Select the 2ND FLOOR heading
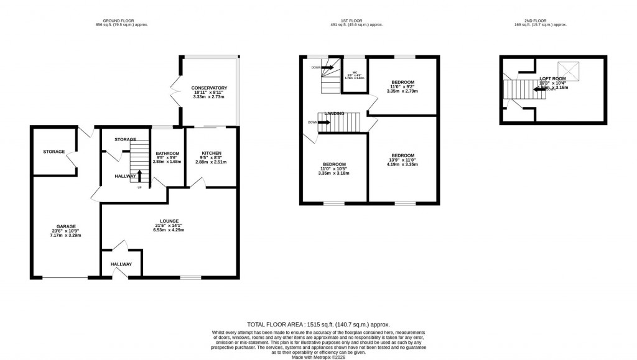tap(541, 20)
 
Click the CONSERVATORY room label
tap(210, 88)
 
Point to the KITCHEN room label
tap(212, 154)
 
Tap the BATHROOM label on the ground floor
tap(167, 154)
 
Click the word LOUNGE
tap(169, 221)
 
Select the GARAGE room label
tap(65, 226)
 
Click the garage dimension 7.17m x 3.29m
tap(65, 235)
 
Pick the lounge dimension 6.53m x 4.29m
tap(169, 230)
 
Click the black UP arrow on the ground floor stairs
tap(139, 175)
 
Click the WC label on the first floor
tap(354, 73)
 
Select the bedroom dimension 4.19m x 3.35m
tap(401, 164)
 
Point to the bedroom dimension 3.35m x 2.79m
tap(402, 91)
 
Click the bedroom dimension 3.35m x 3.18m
tap(333, 173)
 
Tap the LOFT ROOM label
tap(552, 78)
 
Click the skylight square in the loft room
tap(567, 68)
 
